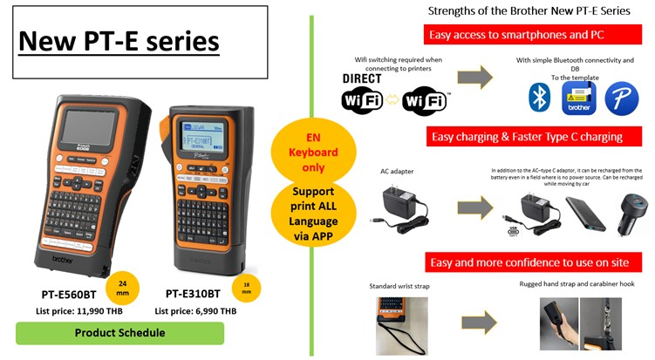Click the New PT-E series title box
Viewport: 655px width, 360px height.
pos(120,40)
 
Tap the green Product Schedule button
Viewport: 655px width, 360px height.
pos(120,333)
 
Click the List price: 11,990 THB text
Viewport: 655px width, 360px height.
pos(77,310)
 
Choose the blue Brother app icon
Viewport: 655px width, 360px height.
pos(577,98)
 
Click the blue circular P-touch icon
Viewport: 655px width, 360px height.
pos(620,98)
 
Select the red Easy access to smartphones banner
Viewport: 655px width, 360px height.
pos(527,35)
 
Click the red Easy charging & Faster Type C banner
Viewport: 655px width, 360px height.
pos(527,137)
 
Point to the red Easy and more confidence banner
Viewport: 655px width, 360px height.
pos(527,262)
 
